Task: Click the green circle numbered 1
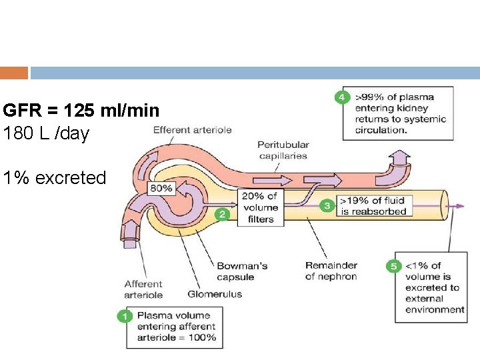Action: point(125,316)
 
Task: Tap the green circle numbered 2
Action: point(223,215)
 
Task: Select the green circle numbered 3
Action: point(327,206)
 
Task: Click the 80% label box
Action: point(161,189)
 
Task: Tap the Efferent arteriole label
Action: point(193,130)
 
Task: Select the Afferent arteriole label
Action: point(143,289)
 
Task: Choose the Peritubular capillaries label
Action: point(283,150)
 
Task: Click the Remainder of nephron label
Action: point(331,271)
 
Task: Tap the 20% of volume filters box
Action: point(261,207)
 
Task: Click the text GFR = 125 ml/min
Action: point(81,110)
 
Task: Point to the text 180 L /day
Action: point(46,133)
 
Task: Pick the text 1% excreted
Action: point(54,178)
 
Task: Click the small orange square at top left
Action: point(14,73)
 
